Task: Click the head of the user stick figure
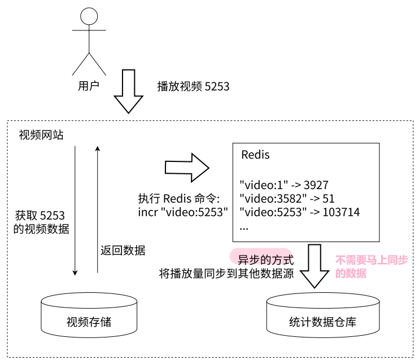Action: (x=89, y=15)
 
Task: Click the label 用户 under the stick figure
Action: (x=89, y=86)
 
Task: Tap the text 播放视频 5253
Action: (x=193, y=87)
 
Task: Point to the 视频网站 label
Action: (x=41, y=135)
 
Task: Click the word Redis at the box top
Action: (x=255, y=155)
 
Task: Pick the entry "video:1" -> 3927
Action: (x=284, y=185)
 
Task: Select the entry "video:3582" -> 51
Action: (x=287, y=199)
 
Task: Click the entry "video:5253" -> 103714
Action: (x=300, y=213)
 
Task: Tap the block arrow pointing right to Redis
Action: (x=187, y=167)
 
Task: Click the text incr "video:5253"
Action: (x=182, y=213)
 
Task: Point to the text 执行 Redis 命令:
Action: (x=182, y=199)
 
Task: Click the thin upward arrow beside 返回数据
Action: (x=98, y=209)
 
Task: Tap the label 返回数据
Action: (x=122, y=249)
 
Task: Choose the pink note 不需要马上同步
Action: (x=371, y=261)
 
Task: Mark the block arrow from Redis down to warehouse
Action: (x=315, y=266)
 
